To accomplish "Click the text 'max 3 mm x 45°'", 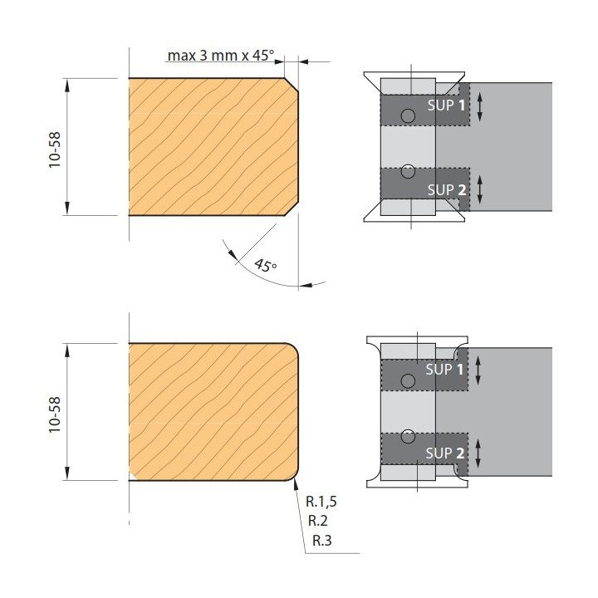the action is coord(221,56).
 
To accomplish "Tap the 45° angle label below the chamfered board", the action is coord(266,265).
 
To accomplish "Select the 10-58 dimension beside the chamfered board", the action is coord(55,149).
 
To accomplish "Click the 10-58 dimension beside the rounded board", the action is coord(55,414).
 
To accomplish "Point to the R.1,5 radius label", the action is coord(321,502).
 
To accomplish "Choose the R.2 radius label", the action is coord(317,521).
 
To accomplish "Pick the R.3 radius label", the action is coord(322,541).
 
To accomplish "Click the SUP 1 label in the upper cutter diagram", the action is coord(446,105).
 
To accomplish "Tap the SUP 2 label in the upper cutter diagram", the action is coord(447,189).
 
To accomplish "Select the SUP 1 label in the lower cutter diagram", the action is coord(444,369).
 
